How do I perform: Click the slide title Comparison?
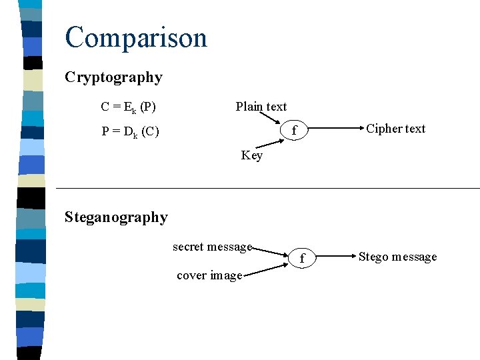136,38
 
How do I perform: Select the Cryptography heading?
113,77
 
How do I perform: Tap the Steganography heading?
116,217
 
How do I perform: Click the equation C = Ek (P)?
128,107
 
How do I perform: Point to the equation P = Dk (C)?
130,131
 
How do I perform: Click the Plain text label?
261,107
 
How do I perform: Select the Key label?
251,155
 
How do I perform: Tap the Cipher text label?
395,129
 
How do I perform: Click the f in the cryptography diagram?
293,132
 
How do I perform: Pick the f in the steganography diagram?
301,259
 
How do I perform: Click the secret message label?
212,247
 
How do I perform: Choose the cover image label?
209,275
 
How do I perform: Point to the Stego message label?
397,257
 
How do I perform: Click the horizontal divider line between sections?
267,189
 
